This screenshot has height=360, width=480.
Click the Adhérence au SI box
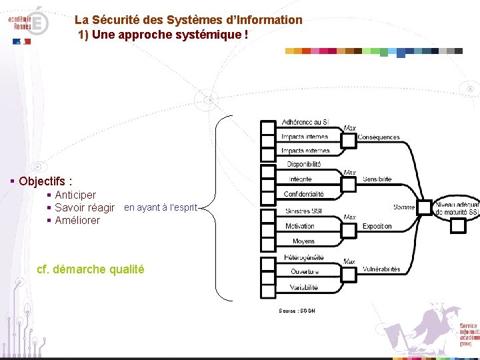pos(304,123)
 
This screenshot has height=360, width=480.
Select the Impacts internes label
pos(304,137)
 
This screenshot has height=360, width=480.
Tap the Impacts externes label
pos(304,151)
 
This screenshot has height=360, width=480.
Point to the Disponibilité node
pos(304,164)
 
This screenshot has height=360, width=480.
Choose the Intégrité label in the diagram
pos(301,179)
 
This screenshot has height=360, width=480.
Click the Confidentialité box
pos(304,194)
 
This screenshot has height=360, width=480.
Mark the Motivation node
pos(300,227)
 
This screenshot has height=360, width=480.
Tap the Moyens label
pos(303,241)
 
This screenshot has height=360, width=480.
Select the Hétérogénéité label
pos(304,257)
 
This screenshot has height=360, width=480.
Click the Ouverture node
pos(304,272)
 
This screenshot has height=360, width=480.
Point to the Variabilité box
pos(304,287)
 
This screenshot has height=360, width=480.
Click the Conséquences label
pos(379,137)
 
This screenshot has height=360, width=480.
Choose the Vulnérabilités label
pos(381,269)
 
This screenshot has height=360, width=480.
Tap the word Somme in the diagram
pos(404,207)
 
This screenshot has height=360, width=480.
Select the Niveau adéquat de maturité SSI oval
pos(457,208)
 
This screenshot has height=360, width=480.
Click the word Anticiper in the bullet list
pos(75,195)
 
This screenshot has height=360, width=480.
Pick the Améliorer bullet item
pos(77,221)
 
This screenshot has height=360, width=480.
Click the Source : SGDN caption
pos(297,311)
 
